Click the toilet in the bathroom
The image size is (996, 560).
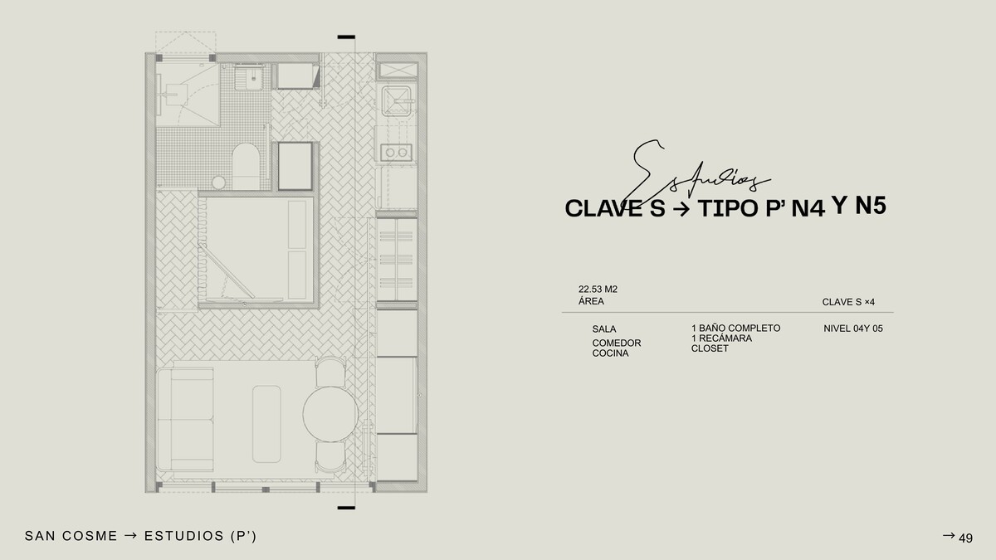tap(246, 167)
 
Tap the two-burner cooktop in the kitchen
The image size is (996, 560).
tap(396, 153)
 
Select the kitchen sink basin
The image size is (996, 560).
tap(396, 101)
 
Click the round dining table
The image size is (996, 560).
tap(330, 414)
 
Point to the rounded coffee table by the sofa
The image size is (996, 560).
tap(266, 424)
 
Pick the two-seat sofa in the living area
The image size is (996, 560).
tap(185, 420)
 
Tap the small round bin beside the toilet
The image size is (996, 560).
tap(218, 183)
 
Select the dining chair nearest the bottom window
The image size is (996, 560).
tap(330, 457)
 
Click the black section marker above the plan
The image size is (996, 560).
tap(346, 37)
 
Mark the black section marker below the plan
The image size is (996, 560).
tap(346, 508)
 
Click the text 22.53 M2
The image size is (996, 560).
tap(598, 290)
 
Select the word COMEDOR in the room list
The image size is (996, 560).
tap(617, 343)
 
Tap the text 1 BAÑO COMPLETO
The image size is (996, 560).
tap(736, 328)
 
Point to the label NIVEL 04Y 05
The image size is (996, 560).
tap(853, 329)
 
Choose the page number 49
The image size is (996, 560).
tap(966, 538)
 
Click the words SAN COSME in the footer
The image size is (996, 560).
tap(71, 536)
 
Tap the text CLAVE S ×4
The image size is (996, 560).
tap(848, 302)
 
